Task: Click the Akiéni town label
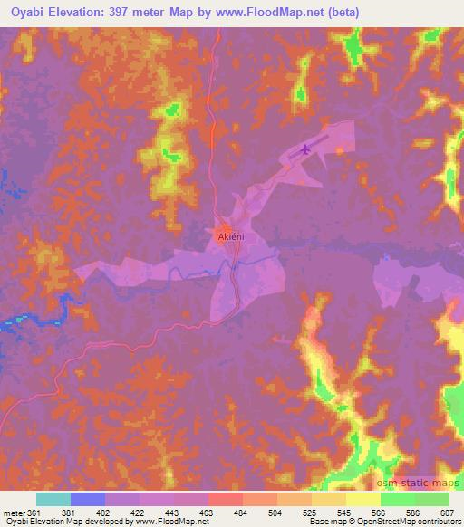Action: [231, 236]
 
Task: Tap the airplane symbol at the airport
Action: [305, 148]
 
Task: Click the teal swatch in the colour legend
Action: [53, 499]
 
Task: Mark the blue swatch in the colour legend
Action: [88, 499]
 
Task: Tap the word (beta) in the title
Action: [341, 13]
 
